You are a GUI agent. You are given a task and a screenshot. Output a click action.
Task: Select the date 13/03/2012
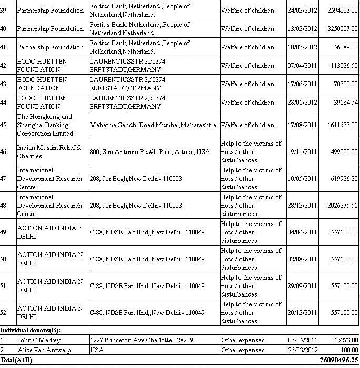point(302,29)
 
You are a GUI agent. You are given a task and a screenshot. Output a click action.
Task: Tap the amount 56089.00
point(346,47)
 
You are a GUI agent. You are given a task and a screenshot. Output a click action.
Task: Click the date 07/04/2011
point(302,66)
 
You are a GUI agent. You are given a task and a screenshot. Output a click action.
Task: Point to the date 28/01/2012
point(302,103)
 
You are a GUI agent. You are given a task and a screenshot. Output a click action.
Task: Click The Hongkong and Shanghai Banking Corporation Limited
point(45,125)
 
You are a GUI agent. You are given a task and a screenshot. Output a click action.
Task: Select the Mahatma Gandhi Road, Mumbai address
point(153,125)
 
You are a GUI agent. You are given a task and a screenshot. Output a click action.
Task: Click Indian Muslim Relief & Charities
point(49,152)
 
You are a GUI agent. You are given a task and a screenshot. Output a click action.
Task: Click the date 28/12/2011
point(302,206)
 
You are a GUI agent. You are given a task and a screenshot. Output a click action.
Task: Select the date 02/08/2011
point(302,259)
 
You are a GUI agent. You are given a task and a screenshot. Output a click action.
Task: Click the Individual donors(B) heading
point(31,330)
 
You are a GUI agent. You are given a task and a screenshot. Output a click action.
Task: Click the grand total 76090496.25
point(338,360)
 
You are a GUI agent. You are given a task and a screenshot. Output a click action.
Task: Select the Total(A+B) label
point(16,360)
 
